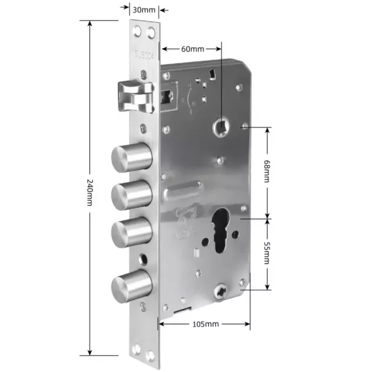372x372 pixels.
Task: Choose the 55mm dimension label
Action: click(267, 252)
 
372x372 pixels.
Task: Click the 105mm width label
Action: click(205, 324)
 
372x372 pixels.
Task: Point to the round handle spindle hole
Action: click(221, 126)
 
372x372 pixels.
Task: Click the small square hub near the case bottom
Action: click(222, 289)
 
